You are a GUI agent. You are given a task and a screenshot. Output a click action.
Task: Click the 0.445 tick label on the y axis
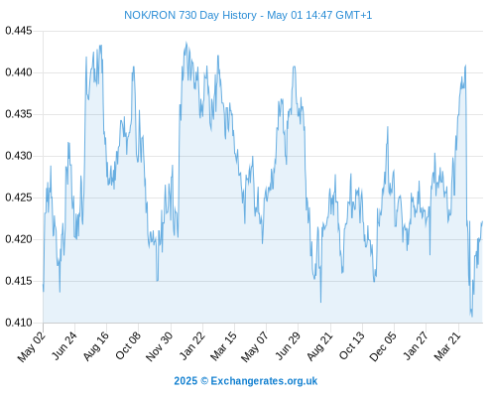tap(19, 31)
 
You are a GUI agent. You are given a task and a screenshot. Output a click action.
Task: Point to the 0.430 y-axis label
tap(19, 156)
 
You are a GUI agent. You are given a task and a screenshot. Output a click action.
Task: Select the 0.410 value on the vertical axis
tap(19, 323)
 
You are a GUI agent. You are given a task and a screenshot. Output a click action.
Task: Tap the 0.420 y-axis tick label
tap(19, 239)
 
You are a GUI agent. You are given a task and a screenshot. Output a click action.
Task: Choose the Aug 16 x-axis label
tap(96, 345)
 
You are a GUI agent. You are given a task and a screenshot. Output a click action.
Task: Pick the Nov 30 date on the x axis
tap(160, 346)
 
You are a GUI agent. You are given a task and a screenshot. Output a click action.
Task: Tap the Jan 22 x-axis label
tap(192, 345)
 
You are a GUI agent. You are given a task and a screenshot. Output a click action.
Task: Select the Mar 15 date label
tap(224, 345)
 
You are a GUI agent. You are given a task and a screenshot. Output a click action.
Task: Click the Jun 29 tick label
tap(288, 345)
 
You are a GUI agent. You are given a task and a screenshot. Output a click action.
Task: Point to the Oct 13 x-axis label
tap(352, 345)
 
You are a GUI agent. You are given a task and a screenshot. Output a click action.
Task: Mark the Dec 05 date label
tap(383, 346)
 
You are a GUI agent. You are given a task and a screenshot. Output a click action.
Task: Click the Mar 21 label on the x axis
tap(447, 345)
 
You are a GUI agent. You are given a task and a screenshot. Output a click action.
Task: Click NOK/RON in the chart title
tap(150, 15)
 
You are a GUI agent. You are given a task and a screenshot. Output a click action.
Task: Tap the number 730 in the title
tap(188, 15)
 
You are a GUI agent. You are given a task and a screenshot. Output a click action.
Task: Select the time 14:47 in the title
tap(318, 15)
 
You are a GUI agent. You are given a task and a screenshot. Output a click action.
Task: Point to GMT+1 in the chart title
tap(354, 15)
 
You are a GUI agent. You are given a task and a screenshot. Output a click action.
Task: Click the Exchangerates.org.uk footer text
tap(264, 381)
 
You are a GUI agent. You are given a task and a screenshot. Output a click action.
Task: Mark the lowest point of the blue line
tap(472, 317)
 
